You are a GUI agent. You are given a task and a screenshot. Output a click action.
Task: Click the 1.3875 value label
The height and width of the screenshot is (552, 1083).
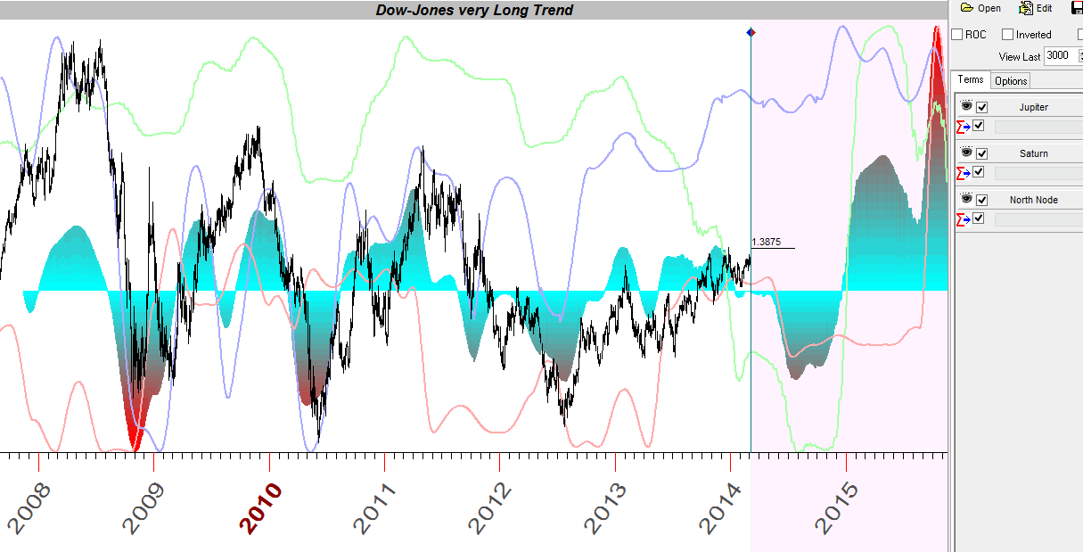tap(767, 242)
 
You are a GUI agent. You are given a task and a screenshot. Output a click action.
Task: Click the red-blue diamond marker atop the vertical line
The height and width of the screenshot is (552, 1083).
tap(751, 32)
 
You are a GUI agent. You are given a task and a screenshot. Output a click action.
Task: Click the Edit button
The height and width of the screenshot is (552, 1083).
tap(1036, 8)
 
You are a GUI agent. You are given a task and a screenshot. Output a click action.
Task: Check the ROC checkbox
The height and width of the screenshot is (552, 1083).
tap(957, 35)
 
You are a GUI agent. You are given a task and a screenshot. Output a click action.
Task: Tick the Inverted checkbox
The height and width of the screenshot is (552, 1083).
tap(1008, 35)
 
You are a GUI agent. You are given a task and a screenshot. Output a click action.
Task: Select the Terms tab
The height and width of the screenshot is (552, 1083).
tap(971, 80)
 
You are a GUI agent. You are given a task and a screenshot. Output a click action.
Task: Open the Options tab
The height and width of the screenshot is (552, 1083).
tap(1011, 81)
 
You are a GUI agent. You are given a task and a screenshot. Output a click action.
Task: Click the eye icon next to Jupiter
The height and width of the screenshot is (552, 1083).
tap(966, 106)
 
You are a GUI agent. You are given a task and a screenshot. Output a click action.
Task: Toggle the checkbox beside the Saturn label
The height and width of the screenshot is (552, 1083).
tap(982, 153)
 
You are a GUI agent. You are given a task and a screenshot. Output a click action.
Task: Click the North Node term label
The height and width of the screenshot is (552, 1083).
tap(1033, 200)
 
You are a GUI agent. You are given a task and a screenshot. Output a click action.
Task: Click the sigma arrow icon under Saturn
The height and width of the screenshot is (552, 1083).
tap(963, 172)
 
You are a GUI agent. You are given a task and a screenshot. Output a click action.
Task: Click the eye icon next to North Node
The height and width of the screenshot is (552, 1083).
tap(966, 199)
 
